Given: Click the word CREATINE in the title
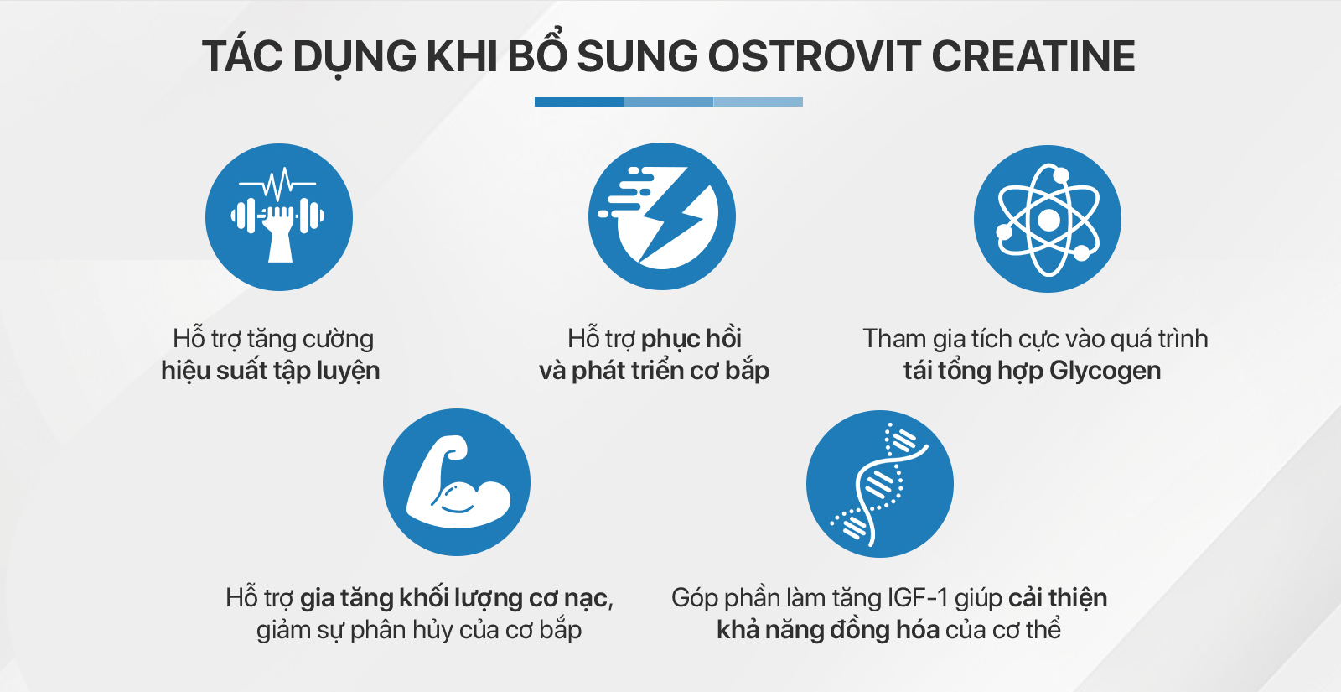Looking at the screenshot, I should tap(1033, 57).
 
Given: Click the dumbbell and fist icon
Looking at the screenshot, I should tap(279, 217).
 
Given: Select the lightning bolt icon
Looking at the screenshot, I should tap(662, 216).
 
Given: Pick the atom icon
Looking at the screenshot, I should tap(1048, 219).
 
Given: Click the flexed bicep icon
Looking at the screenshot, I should tap(457, 482).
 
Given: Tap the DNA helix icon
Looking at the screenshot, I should tap(880, 484).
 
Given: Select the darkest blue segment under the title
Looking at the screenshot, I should tap(579, 102).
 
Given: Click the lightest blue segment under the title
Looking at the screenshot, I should tap(758, 102).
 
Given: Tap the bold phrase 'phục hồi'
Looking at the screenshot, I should tap(691, 339).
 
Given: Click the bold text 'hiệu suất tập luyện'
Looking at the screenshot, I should tap(271, 371).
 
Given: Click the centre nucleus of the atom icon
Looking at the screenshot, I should tap(1048, 220).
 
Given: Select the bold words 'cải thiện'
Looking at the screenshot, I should tap(1058, 598).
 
